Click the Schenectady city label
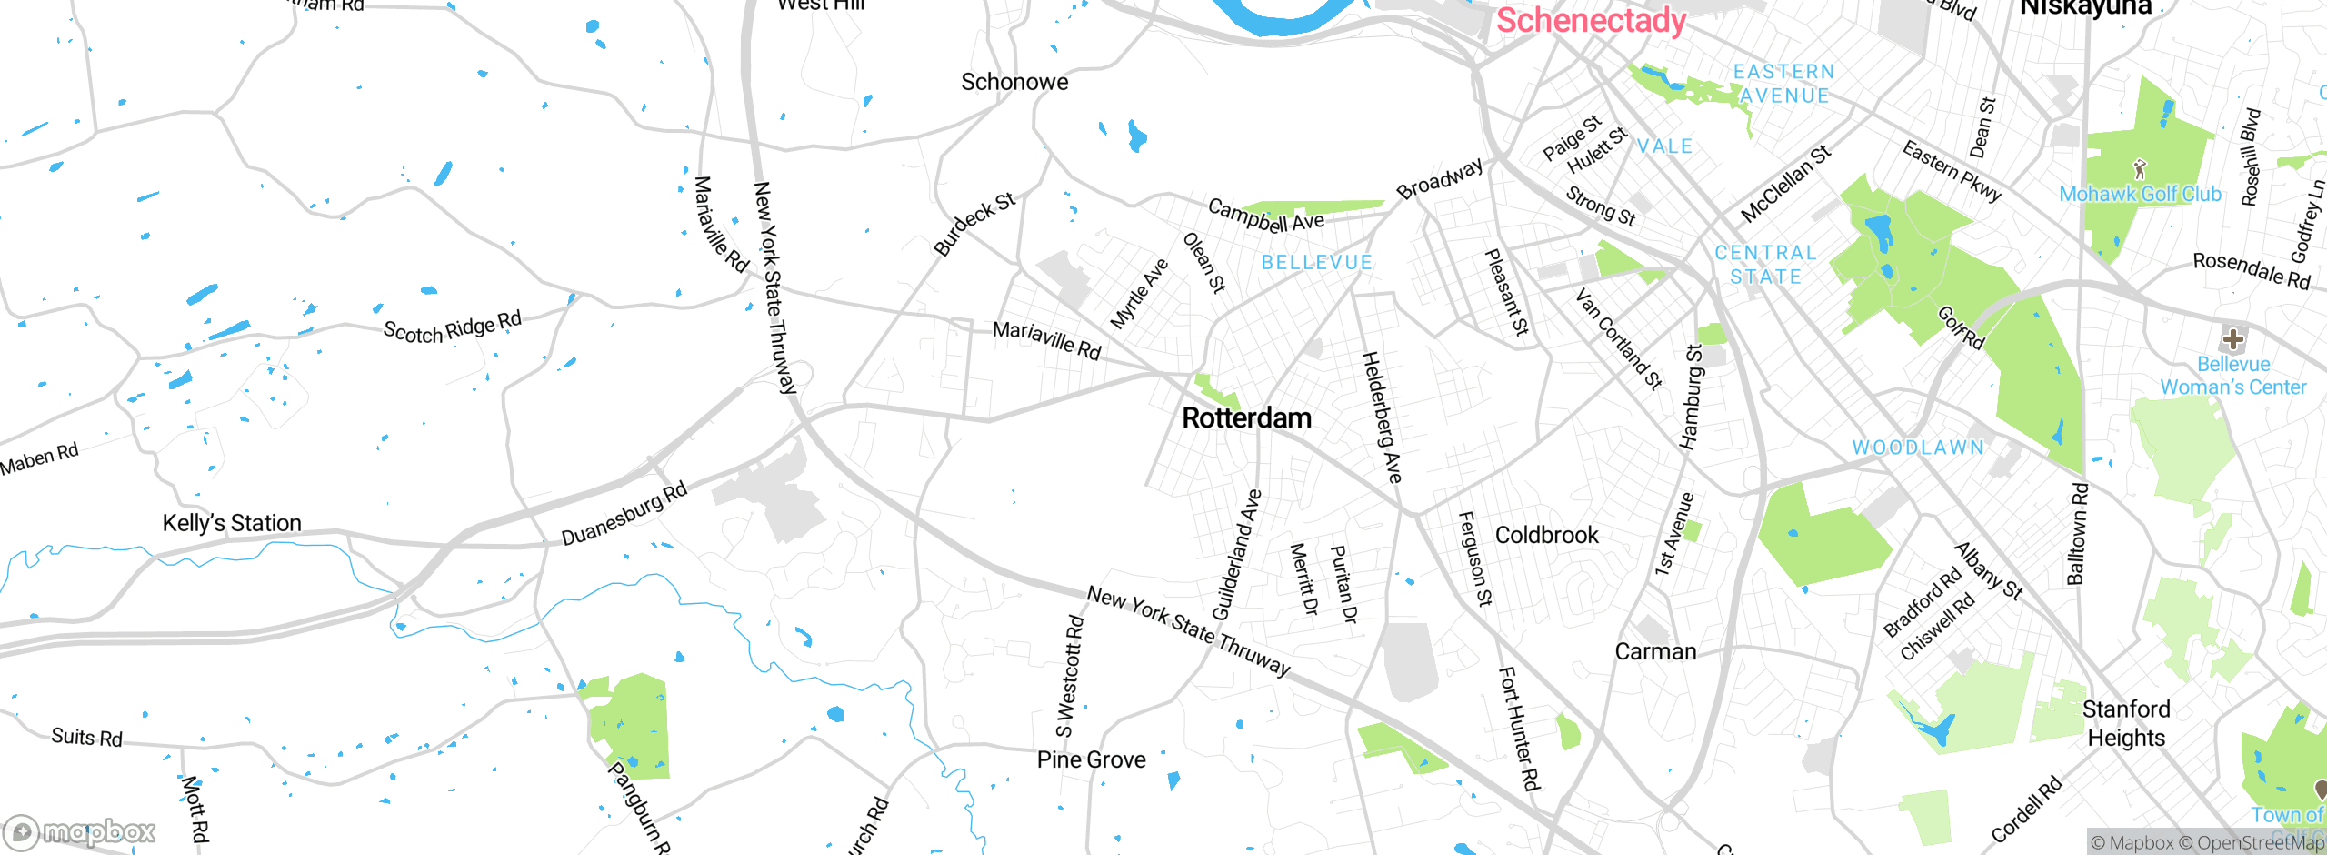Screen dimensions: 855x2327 tap(1591, 20)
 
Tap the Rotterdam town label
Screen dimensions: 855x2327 tap(1246, 418)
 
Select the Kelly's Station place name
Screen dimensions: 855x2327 tap(232, 523)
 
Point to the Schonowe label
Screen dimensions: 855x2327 tap(1014, 82)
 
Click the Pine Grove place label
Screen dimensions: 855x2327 tap(1091, 759)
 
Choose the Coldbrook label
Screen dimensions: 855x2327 tap(1546, 535)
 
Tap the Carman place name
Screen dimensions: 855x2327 tap(1655, 651)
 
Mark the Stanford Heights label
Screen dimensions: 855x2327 tap(2126, 723)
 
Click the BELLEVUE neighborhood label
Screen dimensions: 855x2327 tap(1316, 263)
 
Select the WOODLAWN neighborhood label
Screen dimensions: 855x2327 tap(1918, 448)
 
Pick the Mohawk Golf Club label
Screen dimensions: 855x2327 tap(2140, 194)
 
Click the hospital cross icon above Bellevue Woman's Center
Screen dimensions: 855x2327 tap(2232, 340)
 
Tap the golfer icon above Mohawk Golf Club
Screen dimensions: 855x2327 tap(2140, 168)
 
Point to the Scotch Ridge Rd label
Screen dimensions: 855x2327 tap(452, 327)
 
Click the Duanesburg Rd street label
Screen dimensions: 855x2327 tap(624, 515)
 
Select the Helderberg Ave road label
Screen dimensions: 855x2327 tap(1382, 417)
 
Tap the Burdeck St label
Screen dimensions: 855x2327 tap(974, 224)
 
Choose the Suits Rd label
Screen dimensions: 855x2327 tap(86, 737)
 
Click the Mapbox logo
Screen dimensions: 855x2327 tap(80, 831)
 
